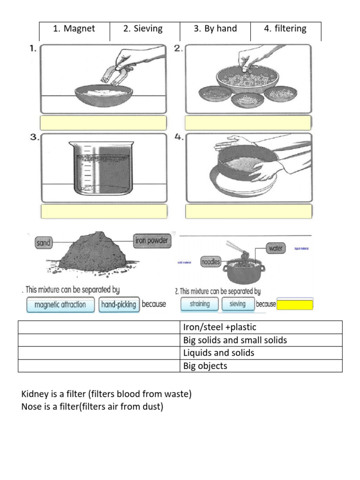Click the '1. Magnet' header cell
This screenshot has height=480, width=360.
click(74, 29)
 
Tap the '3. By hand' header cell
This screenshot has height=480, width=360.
click(215, 29)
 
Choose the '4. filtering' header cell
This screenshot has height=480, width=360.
click(285, 29)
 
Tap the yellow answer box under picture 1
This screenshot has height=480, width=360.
click(104, 123)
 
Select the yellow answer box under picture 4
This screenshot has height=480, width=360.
click(248, 211)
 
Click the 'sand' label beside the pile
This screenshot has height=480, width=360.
click(44, 243)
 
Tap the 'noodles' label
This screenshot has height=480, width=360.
click(210, 262)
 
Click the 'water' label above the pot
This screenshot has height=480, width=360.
click(276, 248)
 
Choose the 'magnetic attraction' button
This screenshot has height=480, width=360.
click(60, 304)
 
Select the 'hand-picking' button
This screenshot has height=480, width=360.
click(119, 304)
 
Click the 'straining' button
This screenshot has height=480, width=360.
click(199, 304)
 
